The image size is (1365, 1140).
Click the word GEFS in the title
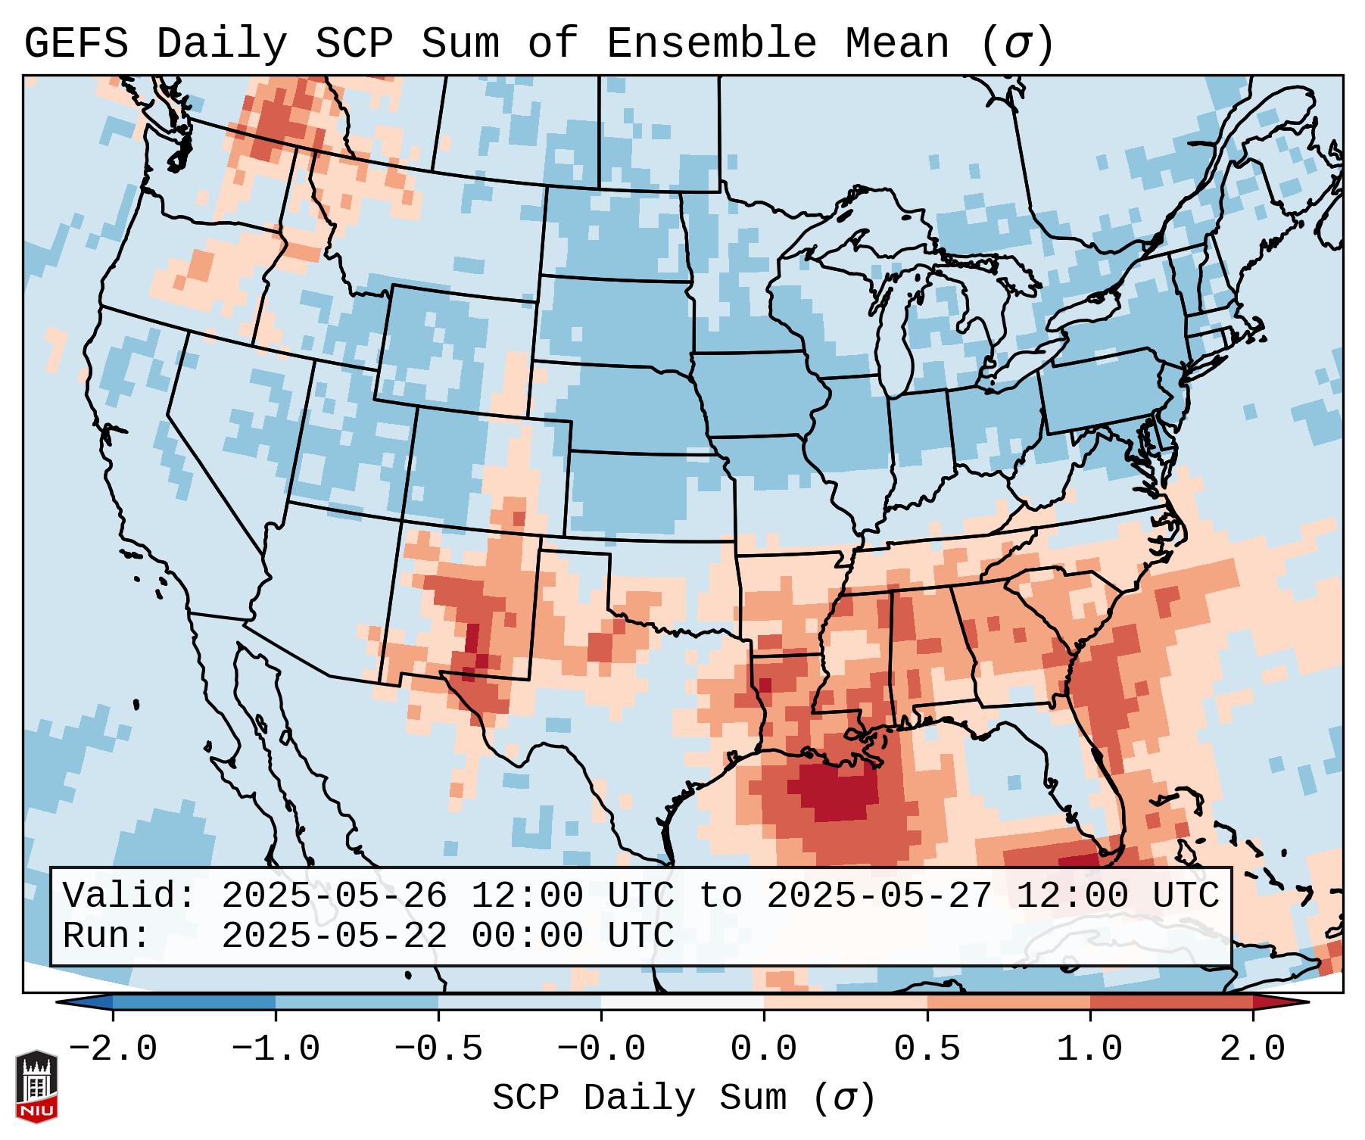coord(76,43)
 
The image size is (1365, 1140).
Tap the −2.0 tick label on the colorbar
coord(113,1049)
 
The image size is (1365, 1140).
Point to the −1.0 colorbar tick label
coord(276,1049)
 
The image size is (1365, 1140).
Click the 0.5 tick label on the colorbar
coord(927,1049)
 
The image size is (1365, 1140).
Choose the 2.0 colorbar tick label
coord(1253,1049)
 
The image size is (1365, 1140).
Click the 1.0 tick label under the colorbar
coord(1090,1049)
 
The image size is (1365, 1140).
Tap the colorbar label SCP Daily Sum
coord(651,1098)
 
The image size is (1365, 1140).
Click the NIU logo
coord(36,1086)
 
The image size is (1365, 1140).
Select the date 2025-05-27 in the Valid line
coord(879,895)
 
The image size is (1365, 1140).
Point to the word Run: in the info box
coord(107,936)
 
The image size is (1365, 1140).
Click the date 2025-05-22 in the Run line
coord(334,936)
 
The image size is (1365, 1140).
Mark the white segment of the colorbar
coord(682,1002)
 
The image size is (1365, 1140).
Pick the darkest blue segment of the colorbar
coord(194,1002)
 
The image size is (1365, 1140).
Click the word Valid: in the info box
coord(129,895)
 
